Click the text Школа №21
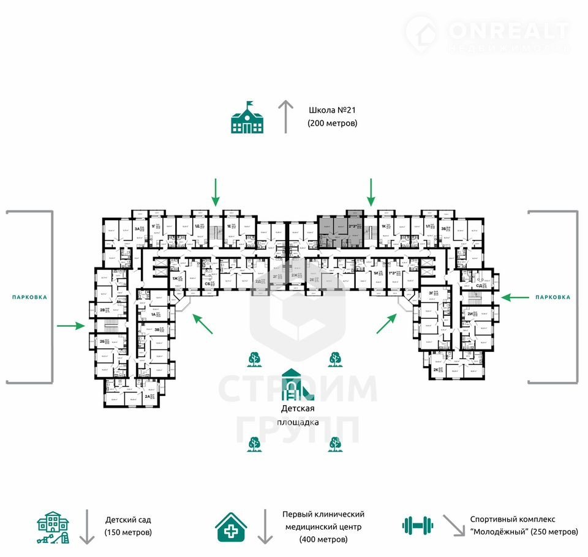[x=332, y=111]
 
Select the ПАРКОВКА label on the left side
[x=29, y=297]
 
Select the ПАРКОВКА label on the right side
[x=552, y=297]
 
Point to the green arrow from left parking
[x=70, y=326]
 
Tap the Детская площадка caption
[x=298, y=415]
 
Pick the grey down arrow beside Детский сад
[x=88, y=526]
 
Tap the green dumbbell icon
[x=418, y=525]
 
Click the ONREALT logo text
[x=508, y=31]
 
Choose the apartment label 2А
[x=148, y=396]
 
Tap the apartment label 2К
[x=436, y=370]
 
